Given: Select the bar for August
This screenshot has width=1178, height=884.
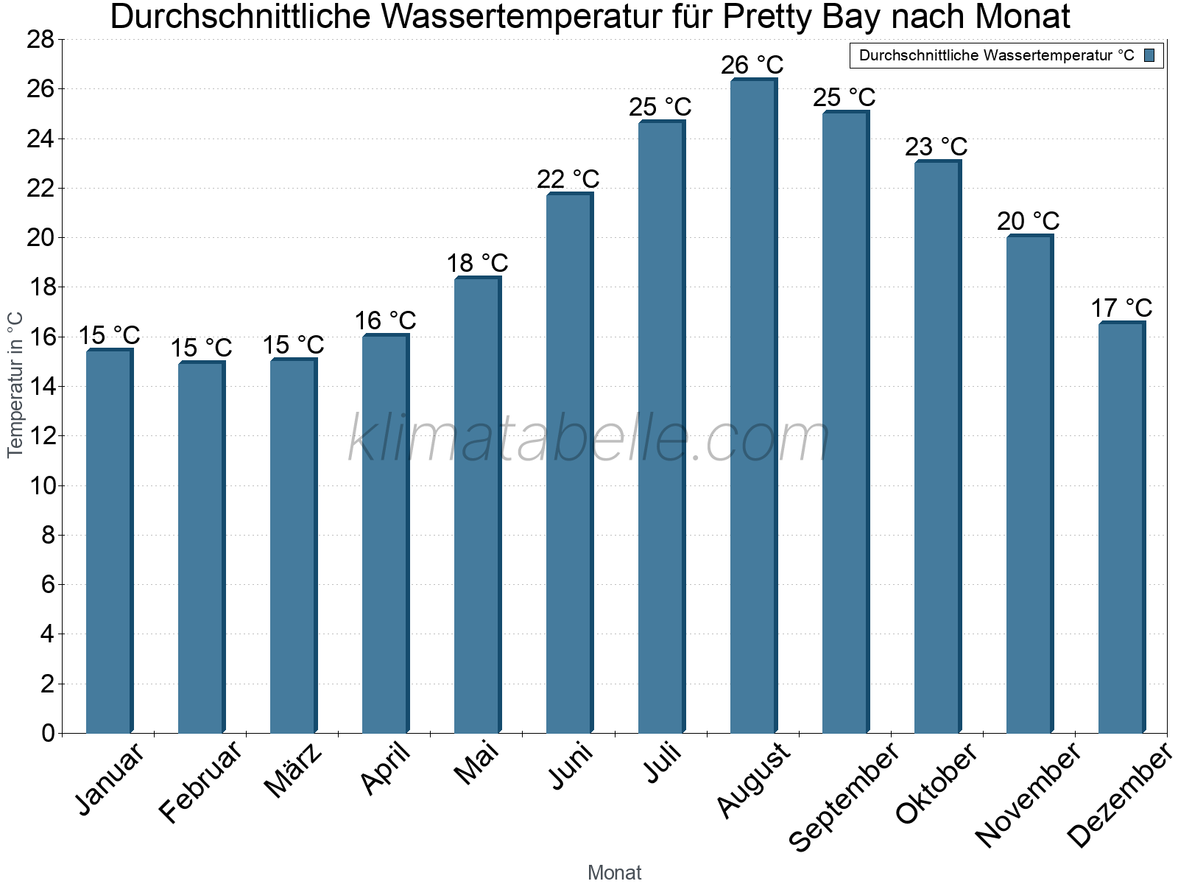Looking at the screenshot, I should point(752,405).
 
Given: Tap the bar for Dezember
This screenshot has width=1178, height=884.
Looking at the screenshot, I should point(1121,527).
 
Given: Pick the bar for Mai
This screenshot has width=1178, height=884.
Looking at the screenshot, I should point(476,505).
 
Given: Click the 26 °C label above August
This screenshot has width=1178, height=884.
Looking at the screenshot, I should point(752,66).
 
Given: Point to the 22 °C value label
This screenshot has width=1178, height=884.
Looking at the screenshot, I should point(568,179).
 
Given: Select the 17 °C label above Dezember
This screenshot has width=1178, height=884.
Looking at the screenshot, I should point(1121,308).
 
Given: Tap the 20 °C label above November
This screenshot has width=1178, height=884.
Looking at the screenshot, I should point(1028,221).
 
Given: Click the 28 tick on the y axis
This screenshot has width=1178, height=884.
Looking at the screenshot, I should point(40,40).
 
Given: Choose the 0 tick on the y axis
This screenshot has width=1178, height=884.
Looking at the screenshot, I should point(48,733).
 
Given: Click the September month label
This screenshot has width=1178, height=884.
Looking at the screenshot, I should point(844,796).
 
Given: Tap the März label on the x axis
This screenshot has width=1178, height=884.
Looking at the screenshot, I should point(294,771).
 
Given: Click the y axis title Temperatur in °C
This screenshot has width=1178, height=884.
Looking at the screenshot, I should point(15,385).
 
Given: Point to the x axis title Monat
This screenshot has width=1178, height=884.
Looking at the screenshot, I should point(614,873).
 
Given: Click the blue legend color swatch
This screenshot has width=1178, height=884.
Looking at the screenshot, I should point(1149,55).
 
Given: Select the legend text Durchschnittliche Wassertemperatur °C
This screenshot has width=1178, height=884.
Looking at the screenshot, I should point(996,55).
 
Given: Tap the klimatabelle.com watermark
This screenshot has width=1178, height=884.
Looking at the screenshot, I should point(589,440).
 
